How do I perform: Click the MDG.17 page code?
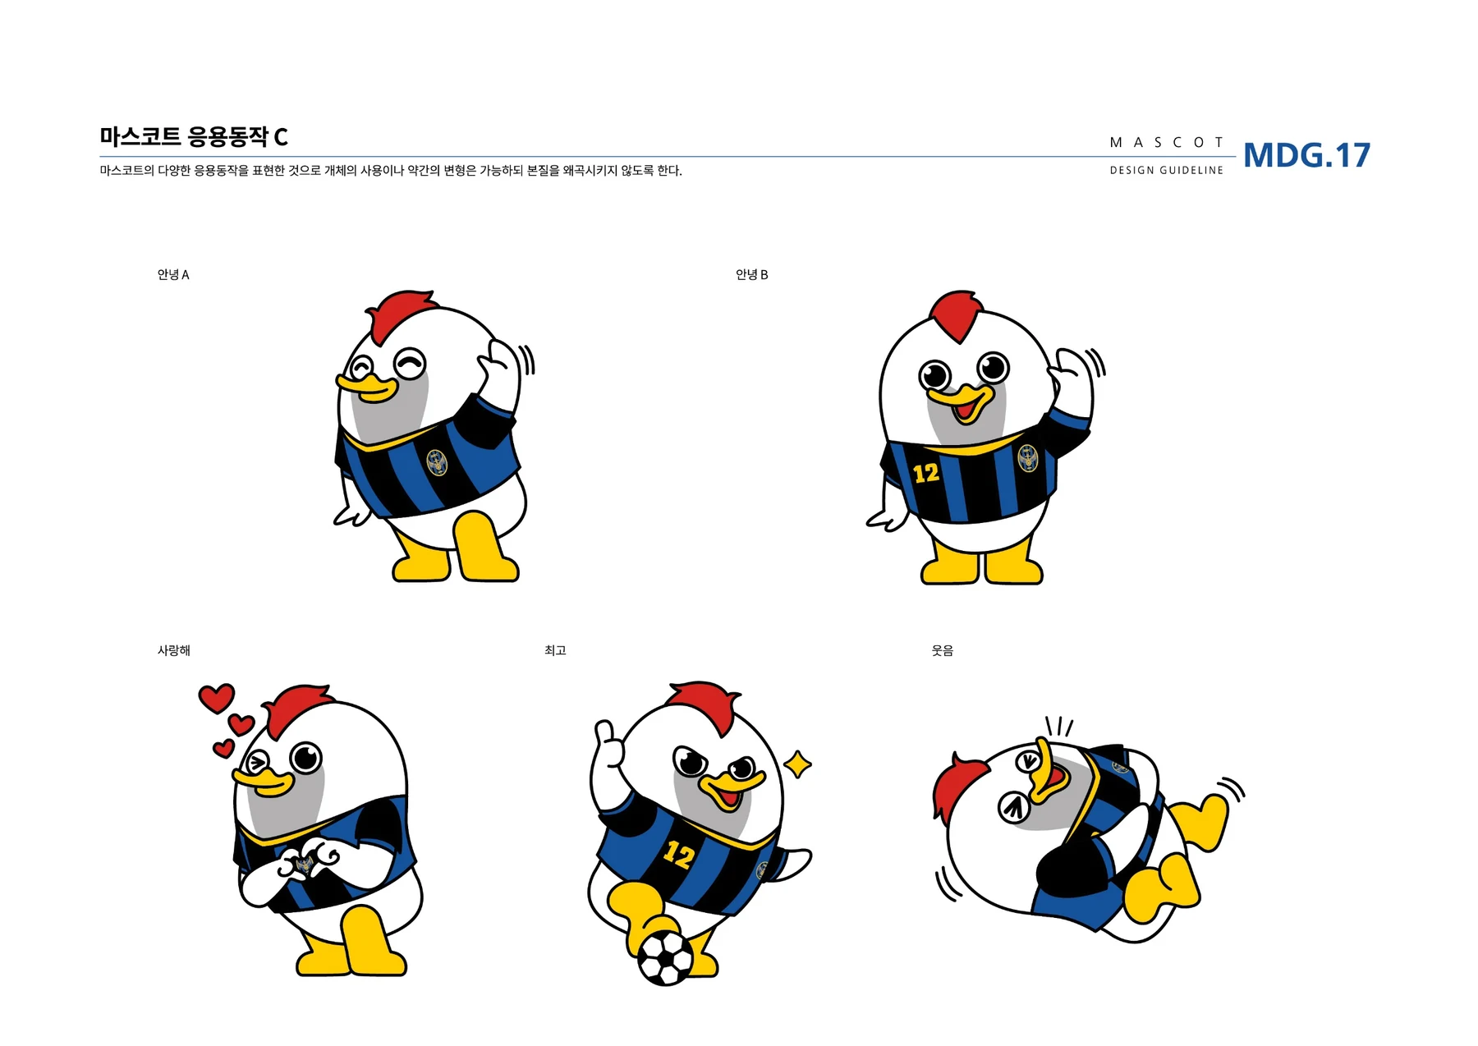click(x=1306, y=155)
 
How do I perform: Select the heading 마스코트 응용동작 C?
click(x=194, y=136)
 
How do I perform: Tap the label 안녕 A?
click(x=173, y=274)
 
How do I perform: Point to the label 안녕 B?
click(x=751, y=274)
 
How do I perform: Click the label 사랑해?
click(x=173, y=650)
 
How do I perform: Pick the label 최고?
click(x=555, y=650)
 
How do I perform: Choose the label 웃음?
click(x=942, y=650)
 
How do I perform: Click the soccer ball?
click(x=665, y=957)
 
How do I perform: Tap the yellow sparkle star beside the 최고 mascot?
click(x=796, y=764)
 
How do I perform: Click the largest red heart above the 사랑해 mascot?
click(x=217, y=698)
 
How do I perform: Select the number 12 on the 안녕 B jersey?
click(x=926, y=473)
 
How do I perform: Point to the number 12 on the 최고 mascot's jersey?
click(x=678, y=855)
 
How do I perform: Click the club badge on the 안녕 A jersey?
click(x=438, y=462)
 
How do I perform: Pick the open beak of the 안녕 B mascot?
click(x=966, y=402)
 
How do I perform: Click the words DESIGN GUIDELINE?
click(x=1166, y=171)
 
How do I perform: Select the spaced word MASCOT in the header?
click(x=1166, y=142)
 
